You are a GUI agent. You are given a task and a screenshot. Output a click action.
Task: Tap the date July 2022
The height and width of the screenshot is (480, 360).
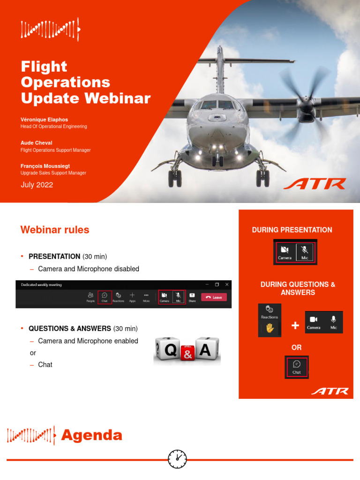click(x=37, y=185)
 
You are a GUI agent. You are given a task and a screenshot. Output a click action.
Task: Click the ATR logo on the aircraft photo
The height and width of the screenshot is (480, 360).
click(x=315, y=183)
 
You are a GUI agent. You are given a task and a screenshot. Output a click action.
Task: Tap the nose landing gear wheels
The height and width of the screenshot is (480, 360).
click(x=217, y=161)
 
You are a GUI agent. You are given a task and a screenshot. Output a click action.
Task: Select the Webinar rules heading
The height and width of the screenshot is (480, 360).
click(x=54, y=230)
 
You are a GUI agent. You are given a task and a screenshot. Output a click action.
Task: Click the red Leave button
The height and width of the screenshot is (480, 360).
click(x=214, y=297)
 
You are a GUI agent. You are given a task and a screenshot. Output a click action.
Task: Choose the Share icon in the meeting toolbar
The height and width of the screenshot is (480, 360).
click(x=192, y=297)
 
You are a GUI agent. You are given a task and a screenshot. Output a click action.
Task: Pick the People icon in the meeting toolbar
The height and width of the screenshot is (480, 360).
click(x=90, y=297)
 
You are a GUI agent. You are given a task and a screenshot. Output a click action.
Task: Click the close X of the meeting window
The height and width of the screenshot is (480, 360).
click(x=227, y=285)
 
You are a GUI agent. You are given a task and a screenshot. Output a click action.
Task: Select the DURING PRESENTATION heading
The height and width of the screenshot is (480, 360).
click(x=292, y=230)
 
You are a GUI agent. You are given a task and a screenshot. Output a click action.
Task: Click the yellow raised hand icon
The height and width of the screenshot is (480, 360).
click(x=270, y=328)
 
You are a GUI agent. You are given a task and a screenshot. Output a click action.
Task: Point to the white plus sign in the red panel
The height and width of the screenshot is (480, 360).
click(x=295, y=325)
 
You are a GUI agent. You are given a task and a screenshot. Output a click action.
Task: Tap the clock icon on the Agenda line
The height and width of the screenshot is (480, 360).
click(x=177, y=459)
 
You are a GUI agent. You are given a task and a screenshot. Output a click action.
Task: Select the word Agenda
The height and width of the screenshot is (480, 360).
click(x=91, y=435)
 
